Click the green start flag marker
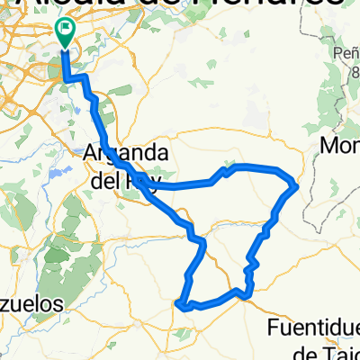coord(66,32)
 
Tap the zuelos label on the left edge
coord(31,303)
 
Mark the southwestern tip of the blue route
coord(182,305)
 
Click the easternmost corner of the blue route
coord(296,185)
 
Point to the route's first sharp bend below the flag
coord(68,80)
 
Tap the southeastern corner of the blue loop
coord(248,290)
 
